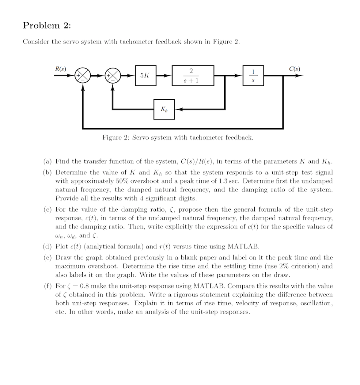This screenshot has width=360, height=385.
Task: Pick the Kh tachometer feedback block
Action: pos(164,109)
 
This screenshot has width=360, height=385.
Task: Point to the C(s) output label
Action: pos(295,69)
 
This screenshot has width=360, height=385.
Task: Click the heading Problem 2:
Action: pos(47,26)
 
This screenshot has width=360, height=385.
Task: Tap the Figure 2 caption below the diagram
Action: pos(178,138)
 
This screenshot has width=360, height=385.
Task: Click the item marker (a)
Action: pos(47,162)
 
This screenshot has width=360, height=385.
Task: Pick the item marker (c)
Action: pos(47,209)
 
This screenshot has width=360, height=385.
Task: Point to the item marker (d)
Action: pos(47,247)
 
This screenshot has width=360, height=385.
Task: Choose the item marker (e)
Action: pos(47,258)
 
